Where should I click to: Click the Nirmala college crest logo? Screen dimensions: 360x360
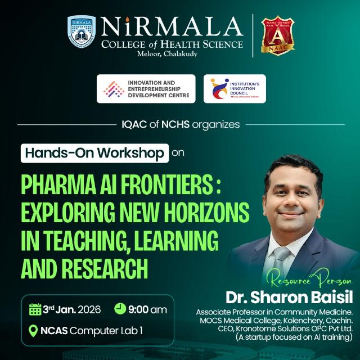tap(82, 32)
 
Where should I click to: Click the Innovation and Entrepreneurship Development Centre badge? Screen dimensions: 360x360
tap(146, 89)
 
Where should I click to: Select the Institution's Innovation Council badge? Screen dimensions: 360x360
tap(235, 89)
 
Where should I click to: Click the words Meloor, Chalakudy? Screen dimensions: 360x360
tap(172, 54)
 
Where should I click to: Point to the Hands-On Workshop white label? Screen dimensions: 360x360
tap(94, 152)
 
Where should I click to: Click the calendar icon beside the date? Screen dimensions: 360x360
tap(35, 309)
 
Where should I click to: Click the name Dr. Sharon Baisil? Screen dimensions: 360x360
tap(289, 296)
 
